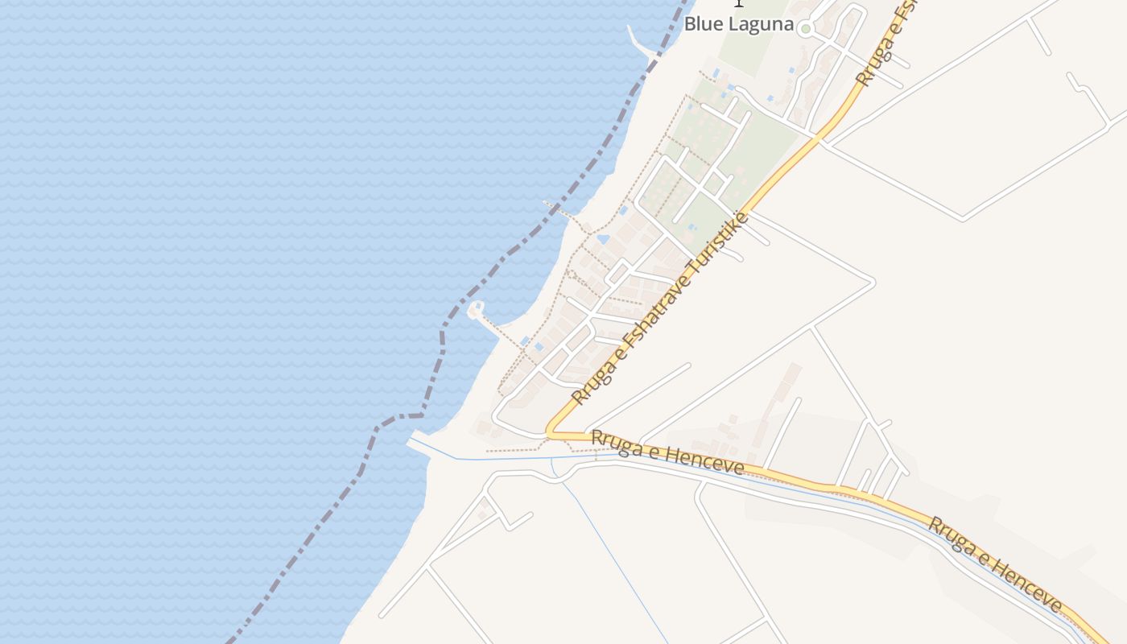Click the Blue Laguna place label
(738, 24)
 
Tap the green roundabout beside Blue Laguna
(805, 29)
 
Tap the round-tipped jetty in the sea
(476, 308)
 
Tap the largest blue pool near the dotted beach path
(603, 239)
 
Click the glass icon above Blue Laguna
(738, 3)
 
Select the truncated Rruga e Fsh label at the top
(885, 44)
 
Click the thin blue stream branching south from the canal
(612, 555)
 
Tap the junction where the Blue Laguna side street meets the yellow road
(819, 138)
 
